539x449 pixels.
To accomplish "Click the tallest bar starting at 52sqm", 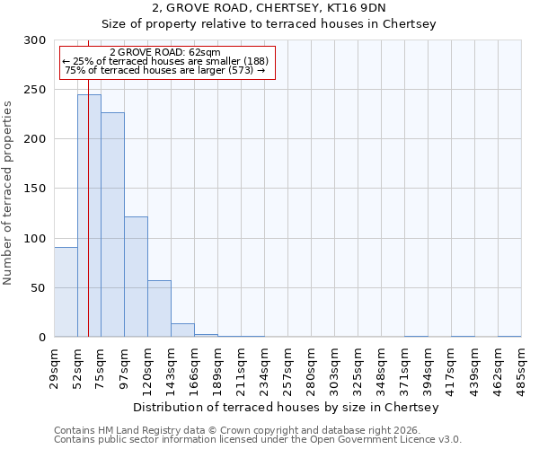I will coord(89,216).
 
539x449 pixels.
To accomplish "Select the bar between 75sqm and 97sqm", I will coord(112,224).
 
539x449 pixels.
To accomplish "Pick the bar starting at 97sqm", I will coord(136,277).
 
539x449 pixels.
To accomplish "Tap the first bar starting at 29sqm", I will coord(66,292).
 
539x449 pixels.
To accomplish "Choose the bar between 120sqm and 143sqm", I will coord(159,309).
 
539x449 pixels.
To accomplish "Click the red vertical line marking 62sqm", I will coord(88,180).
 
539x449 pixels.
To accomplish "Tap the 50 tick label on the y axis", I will coord(40,288).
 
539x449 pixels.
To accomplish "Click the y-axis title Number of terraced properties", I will coord(8,193).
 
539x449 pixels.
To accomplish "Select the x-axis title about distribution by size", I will coord(287,408).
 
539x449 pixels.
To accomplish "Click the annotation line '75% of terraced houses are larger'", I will coord(165,70).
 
